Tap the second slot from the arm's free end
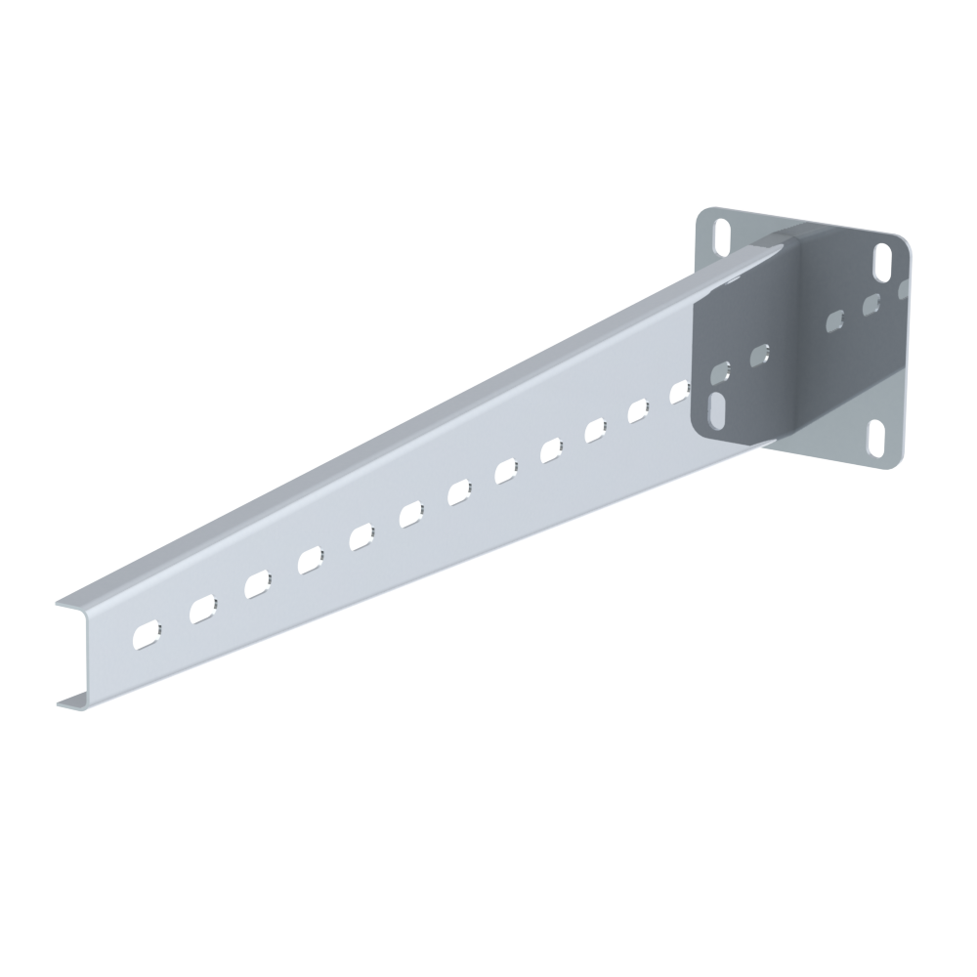point(202,609)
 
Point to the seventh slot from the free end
point(461,492)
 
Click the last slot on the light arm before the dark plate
point(680,392)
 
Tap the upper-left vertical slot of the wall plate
point(722,235)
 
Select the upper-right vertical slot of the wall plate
point(882,260)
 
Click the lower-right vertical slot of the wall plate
point(876,435)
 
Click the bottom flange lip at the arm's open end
point(64,701)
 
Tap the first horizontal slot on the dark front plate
point(721,371)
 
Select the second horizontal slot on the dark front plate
point(760,355)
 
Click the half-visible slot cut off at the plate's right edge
point(904,289)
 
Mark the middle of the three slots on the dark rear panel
point(871,305)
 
